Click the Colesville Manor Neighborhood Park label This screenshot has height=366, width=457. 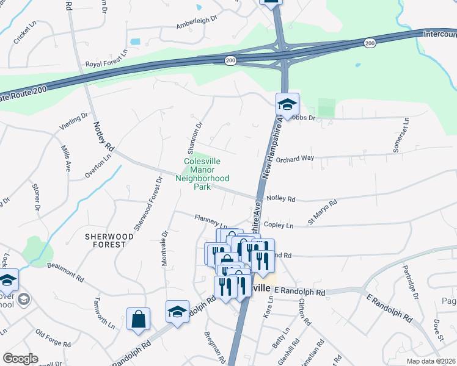coord(202,174)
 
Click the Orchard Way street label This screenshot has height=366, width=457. coord(294,159)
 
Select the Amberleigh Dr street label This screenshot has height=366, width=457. coord(196,22)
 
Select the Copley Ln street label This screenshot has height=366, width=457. coord(279,225)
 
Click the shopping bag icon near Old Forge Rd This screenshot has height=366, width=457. coord(139,319)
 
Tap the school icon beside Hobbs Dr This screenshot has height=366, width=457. coord(287,104)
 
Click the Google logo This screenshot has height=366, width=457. coord(20,358)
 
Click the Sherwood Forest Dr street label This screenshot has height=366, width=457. coord(147,204)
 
